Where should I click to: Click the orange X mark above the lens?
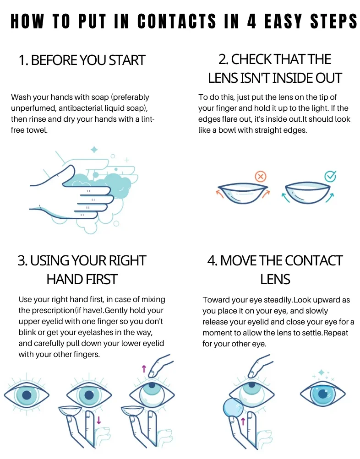[x=261, y=177]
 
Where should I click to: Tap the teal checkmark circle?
[x=330, y=176]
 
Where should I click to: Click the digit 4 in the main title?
[x=251, y=22]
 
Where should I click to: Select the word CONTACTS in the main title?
[x=177, y=22]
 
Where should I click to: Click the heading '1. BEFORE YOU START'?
[x=82, y=60]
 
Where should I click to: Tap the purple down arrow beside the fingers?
[x=99, y=420]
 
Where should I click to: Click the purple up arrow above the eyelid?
[x=144, y=368]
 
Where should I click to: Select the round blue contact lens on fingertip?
[x=233, y=408]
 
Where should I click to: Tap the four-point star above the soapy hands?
[x=94, y=150]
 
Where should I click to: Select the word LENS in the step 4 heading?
[x=275, y=279]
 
